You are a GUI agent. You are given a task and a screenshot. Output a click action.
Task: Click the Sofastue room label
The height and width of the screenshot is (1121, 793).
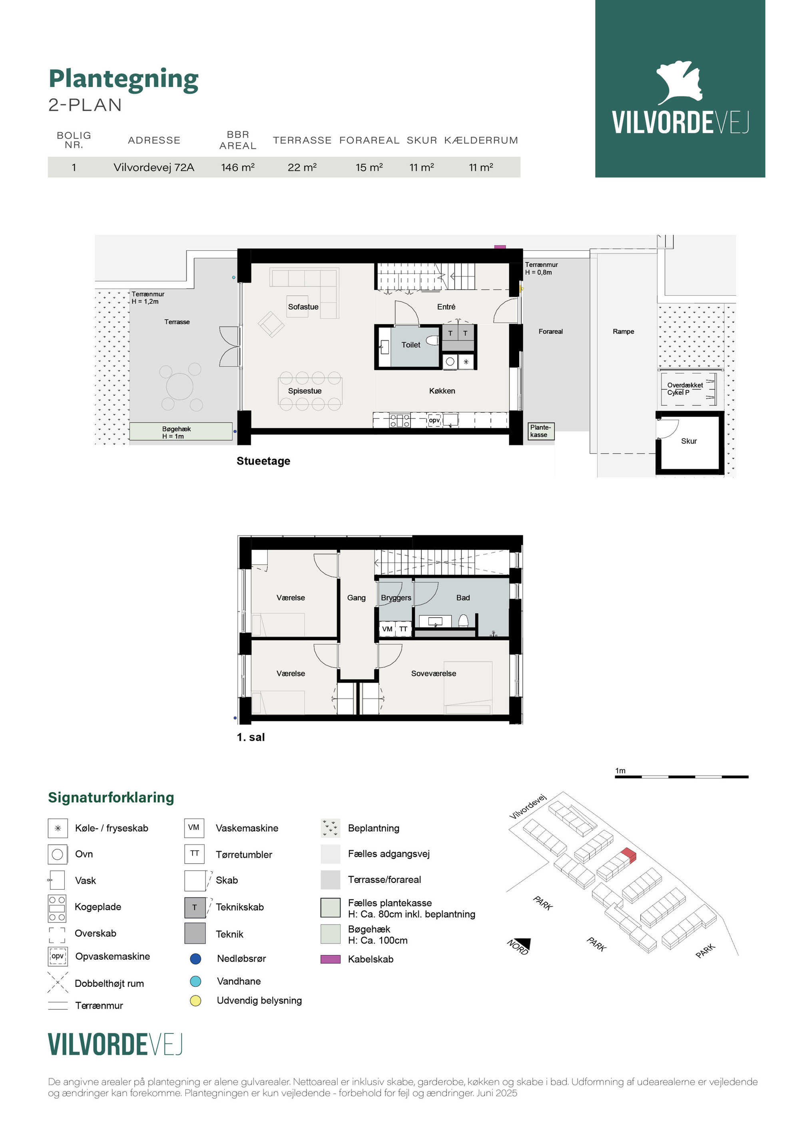pyautogui.click(x=303, y=306)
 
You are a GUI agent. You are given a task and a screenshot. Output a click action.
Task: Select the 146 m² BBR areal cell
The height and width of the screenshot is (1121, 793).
pyautogui.click(x=237, y=167)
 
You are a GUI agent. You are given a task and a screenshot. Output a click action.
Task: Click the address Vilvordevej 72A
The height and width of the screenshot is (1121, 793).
pyautogui.click(x=154, y=167)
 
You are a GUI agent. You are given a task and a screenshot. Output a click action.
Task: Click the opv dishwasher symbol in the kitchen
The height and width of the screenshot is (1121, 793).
pyautogui.click(x=434, y=420)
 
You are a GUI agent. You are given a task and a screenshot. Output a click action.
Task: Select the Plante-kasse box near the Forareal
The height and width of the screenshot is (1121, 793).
pyautogui.click(x=541, y=431)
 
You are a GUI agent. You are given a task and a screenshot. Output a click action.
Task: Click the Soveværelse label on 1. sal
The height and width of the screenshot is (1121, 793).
pyautogui.click(x=433, y=673)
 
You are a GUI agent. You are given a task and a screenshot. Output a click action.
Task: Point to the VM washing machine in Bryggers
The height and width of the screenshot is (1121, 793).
pyautogui.click(x=387, y=629)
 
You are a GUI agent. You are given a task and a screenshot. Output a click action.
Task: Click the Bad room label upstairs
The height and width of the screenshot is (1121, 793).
pyautogui.click(x=463, y=598)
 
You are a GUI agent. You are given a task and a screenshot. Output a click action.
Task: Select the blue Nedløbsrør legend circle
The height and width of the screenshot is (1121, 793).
pyautogui.click(x=195, y=958)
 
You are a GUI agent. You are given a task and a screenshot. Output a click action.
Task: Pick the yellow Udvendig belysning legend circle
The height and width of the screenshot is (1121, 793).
pyautogui.click(x=195, y=1000)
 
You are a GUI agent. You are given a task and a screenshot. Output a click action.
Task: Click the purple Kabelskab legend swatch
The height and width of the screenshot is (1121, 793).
pyautogui.click(x=330, y=959)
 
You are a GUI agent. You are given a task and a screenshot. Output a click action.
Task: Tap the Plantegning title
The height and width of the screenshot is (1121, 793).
pyautogui.click(x=124, y=79)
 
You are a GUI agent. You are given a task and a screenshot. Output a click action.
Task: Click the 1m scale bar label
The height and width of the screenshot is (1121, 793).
pyautogui.click(x=620, y=771)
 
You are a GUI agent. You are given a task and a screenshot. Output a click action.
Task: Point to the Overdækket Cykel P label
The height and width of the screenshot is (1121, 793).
pyautogui.click(x=685, y=389)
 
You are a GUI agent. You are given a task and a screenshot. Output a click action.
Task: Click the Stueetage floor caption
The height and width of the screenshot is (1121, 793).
pyautogui.click(x=263, y=461)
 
